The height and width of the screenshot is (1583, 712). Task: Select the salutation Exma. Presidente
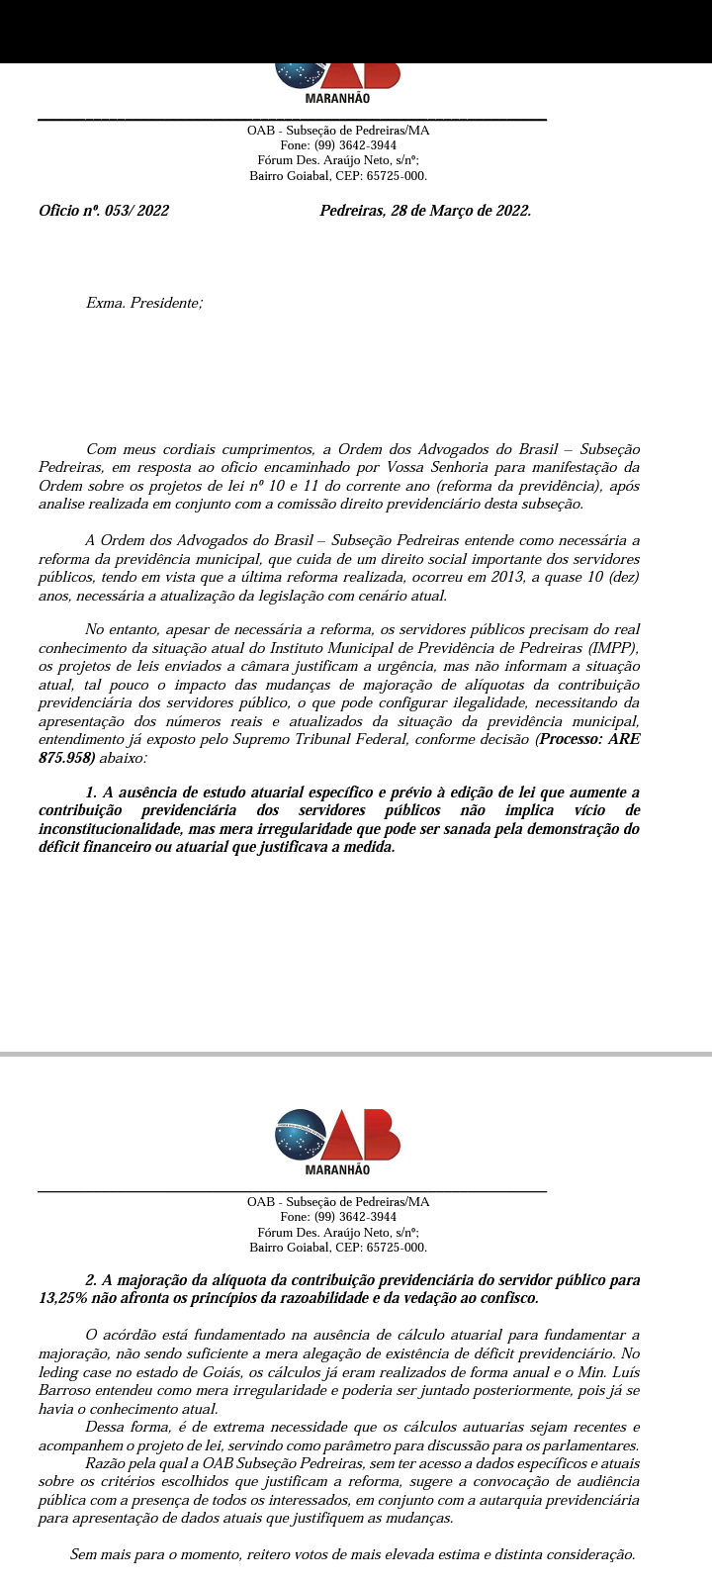[144, 303]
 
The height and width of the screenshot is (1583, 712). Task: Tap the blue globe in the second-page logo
[301, 1135]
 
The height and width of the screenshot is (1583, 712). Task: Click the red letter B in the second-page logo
[380, 1135]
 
